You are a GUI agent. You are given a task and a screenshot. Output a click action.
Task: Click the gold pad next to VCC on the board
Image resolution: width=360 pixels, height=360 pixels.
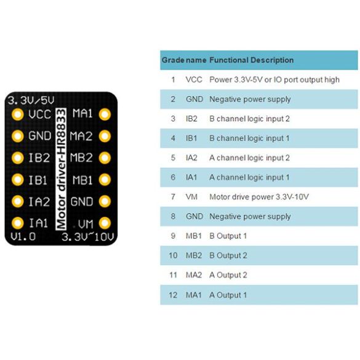pos(18,114)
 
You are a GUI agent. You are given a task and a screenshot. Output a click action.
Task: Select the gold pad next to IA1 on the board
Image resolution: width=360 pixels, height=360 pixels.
pos(18,223)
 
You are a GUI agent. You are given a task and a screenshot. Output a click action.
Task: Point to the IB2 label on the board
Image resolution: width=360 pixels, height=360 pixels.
pos(39,158)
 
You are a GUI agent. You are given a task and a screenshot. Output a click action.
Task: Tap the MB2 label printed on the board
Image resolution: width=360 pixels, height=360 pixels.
pos(81,158)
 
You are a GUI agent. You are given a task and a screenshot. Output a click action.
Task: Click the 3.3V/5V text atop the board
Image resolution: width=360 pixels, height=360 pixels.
pos(30,100)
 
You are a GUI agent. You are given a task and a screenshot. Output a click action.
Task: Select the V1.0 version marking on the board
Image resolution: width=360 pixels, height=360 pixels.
pos(23,237)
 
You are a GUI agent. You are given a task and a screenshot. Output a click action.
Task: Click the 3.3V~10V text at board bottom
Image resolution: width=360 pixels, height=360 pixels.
pos(89,237)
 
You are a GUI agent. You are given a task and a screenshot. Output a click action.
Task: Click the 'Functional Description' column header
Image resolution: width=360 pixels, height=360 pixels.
pos(251,60)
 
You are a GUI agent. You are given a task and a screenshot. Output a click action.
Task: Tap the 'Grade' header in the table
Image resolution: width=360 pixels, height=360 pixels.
pos(172,60)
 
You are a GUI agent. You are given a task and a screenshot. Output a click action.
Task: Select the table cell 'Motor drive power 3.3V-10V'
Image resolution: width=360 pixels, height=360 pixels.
pos(258,197)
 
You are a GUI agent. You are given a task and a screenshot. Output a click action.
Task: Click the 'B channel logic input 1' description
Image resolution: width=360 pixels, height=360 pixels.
pos(249,138)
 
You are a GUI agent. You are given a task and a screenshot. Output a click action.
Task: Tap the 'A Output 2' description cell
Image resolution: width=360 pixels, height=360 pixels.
pos(228,276)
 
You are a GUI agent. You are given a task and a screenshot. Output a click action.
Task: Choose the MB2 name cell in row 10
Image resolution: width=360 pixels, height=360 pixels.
pos(194,256)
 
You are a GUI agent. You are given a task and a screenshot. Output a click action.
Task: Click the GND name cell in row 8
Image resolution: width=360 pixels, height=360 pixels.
pos(194,217)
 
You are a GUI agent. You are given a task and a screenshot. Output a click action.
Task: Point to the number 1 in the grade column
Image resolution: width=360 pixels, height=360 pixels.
pos(173,80)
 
